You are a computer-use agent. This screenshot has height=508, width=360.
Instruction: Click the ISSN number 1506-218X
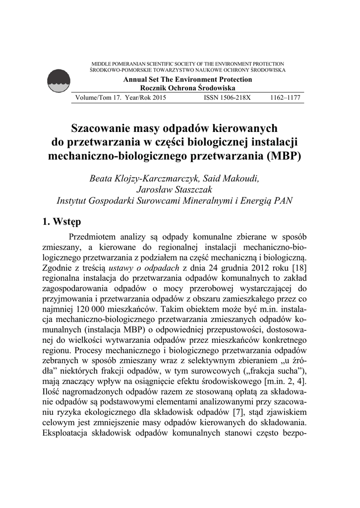[228, 98]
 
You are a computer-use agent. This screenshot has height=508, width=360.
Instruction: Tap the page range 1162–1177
[285, 98]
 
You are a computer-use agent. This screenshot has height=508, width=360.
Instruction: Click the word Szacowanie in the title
[102, 128]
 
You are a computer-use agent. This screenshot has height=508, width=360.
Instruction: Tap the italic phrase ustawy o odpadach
[142, 267]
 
